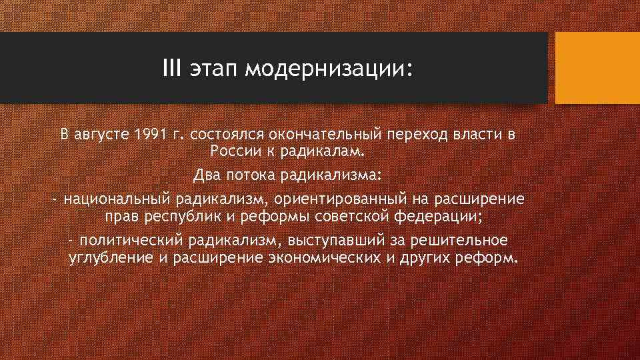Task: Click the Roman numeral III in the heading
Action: (x=172, y=68)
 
